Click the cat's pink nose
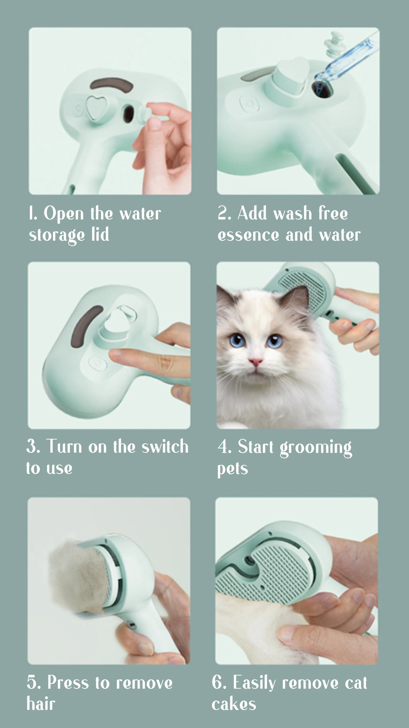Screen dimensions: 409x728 256,362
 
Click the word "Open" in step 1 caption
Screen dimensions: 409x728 63,214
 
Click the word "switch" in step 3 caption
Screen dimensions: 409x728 165,447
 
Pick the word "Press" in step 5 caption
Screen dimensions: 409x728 68,683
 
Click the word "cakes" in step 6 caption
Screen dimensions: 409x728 234,704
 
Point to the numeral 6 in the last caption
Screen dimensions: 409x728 218,682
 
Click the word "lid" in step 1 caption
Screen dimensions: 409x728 100,235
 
